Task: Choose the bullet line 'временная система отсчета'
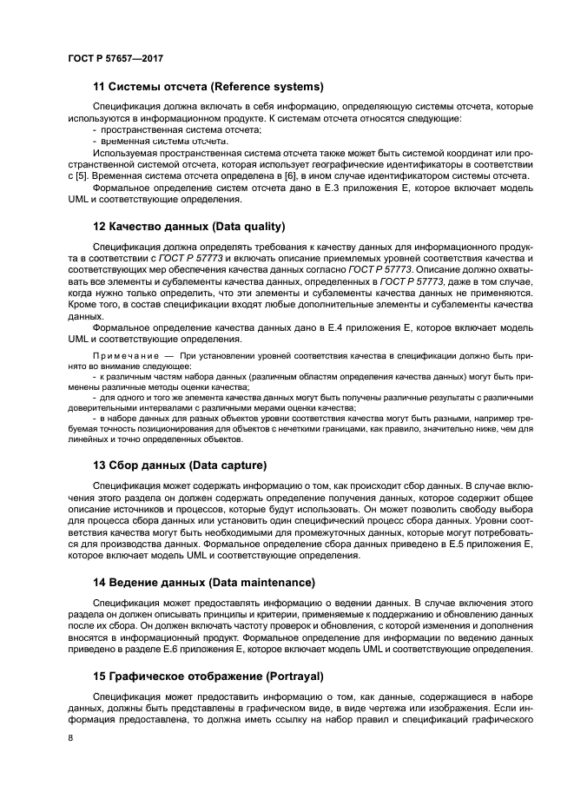click(165, 140)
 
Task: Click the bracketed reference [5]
click(82, 175)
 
